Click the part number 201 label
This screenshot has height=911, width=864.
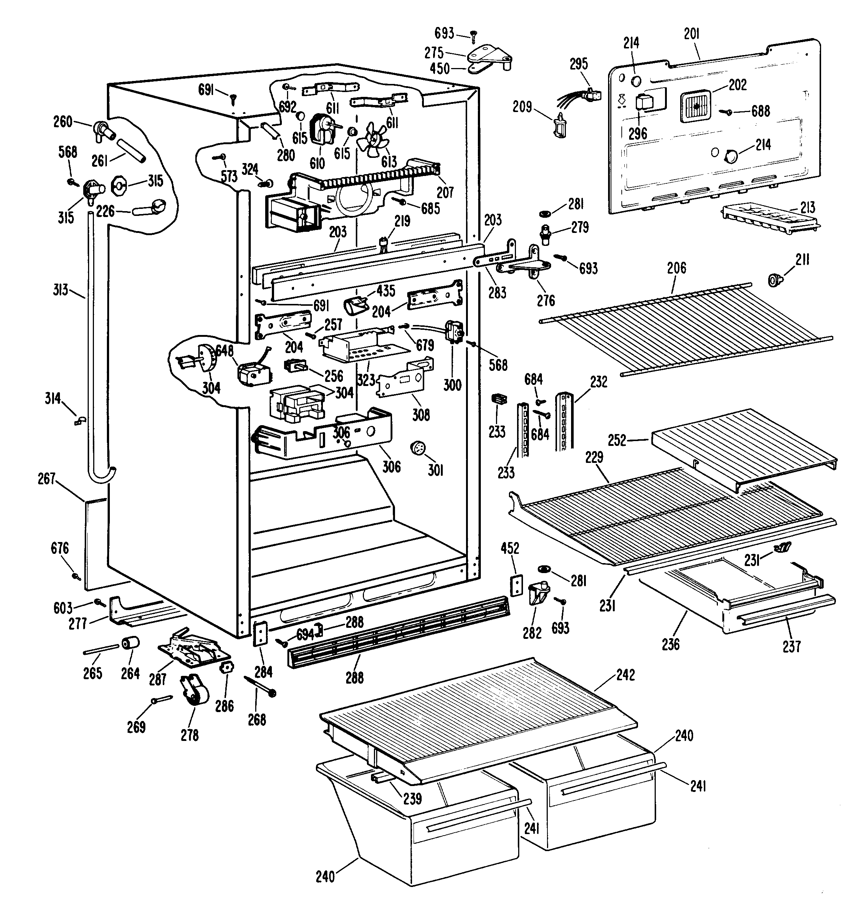[x=691, y=34]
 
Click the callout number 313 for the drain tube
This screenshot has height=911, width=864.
[x=60, y=289]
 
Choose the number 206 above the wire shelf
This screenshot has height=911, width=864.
[x=676, y=268]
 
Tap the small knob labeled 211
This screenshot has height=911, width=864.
[x=776, y=280]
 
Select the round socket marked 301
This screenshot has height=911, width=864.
[x=417, y=448]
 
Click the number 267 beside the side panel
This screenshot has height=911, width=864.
[x=46, y=479]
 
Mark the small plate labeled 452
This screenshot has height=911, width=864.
[x=517, y=585]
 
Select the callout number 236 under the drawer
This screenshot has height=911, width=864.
[x=671, y=644]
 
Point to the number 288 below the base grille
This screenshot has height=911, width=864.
[x=354, y=678]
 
